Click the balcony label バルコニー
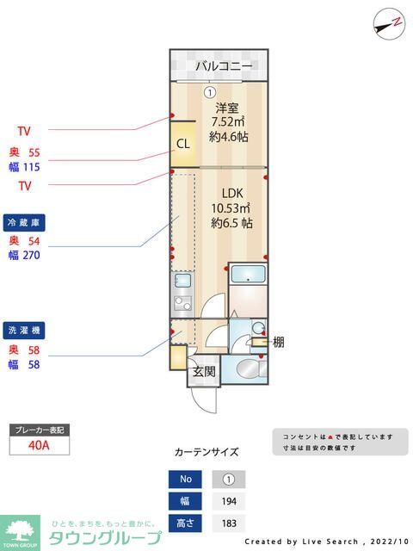click(223, 66)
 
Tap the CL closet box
click(183, 144)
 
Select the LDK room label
click(231, 193)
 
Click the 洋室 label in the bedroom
click(226, 108)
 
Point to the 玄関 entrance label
click(203, 372)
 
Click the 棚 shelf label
click(279, 342)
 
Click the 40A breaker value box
click(38, 445)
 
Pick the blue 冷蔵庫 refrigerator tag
click(23, 221)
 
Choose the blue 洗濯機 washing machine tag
click(23, 331)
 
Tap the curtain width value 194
click(228, 501)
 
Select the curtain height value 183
click(228, 523)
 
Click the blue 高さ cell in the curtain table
click(185, 523)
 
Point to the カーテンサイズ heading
click(206, 452)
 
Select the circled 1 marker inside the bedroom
click(208, 92)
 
